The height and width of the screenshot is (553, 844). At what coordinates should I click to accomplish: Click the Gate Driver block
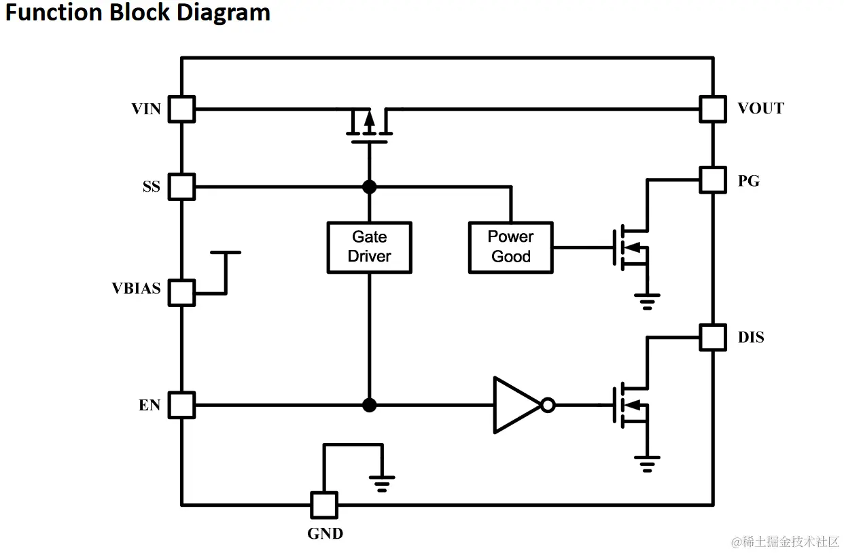pos(369,247)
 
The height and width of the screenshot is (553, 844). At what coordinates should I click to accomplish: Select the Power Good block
pos(510,247)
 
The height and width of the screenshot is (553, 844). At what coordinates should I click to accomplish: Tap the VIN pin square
pos(181,109)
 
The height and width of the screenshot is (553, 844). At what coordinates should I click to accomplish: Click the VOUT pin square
pos(713,109)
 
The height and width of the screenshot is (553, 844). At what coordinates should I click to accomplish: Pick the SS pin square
pos(181,186)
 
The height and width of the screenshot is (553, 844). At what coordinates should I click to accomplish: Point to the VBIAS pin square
pos(181,293)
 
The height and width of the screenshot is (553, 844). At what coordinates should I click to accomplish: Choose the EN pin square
pos(181,405)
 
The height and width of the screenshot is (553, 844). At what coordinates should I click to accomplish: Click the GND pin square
pos(324,505)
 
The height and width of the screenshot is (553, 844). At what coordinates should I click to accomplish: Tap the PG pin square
pos(713,180)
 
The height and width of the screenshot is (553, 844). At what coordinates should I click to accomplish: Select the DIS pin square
pos(713,337)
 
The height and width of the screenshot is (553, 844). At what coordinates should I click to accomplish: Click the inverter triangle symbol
pos(514,405)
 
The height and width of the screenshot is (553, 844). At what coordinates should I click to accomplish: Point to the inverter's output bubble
pos(548,406)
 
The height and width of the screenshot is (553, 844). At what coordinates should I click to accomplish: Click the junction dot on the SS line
pos(369,186)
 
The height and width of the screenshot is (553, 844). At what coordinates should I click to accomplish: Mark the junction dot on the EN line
pos(369,406)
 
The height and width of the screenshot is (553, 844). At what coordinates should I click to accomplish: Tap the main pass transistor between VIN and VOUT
pos(369,126)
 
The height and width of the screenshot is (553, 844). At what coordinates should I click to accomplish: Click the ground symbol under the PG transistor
pos(647,301)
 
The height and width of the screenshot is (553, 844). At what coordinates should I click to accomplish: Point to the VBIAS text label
pos(137,289)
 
